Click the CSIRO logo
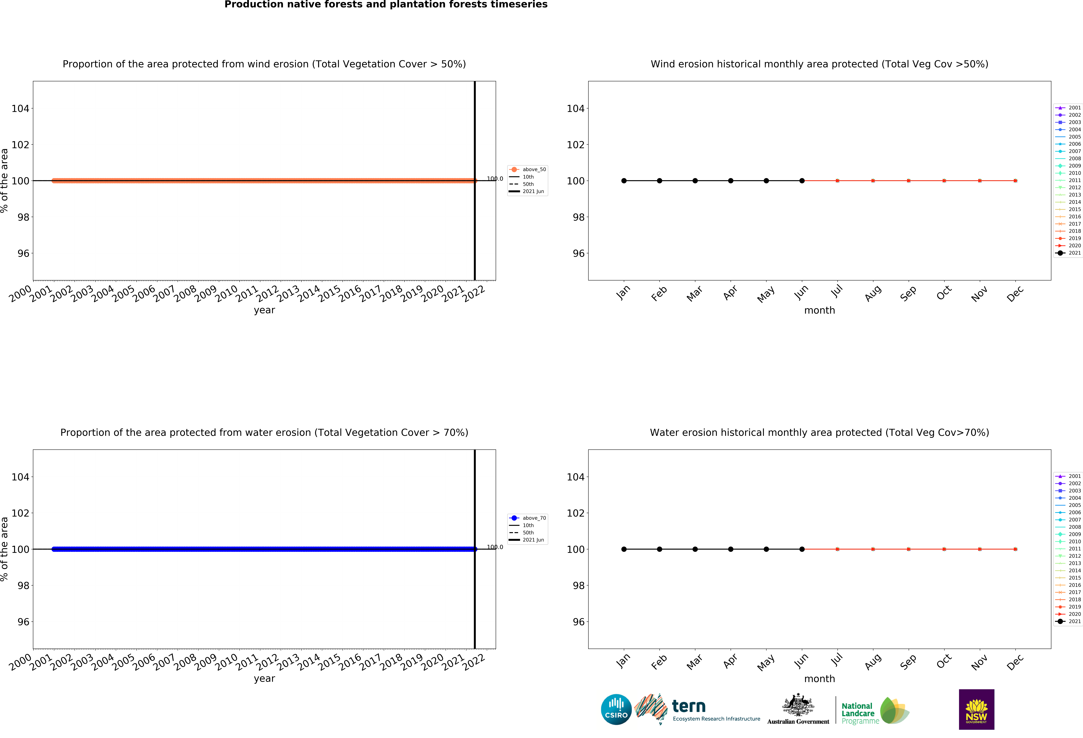[x=616, y=710]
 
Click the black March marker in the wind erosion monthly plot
[x=695, y=181]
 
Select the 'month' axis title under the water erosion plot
[x=819, y=679]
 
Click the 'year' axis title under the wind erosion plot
[x=264, y=310]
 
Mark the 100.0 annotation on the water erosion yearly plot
[x=495, y=547]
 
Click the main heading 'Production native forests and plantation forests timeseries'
[x=386, y=5]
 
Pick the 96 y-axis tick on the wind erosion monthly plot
[x=578, y=253]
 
